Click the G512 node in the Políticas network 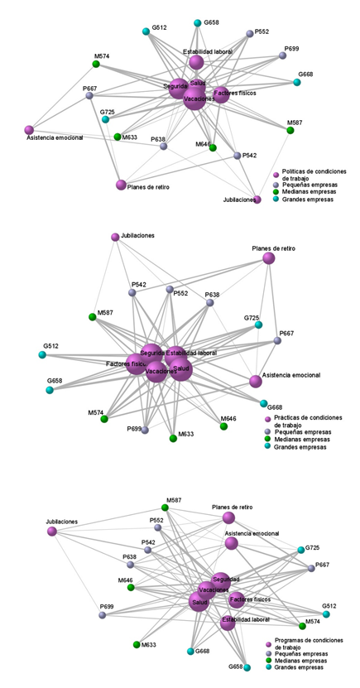(x=146, y=32)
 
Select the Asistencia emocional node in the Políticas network (x=29, y=130)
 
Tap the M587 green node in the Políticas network (x=290, y=130)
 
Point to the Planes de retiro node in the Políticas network (x=121, y=185)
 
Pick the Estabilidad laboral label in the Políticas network (x=208, y=51)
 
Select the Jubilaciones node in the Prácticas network (x=115, y=238)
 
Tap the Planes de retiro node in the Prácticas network (x=268, y=258)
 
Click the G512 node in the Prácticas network (x=41, y=355)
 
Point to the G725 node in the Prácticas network (x=258, y=325)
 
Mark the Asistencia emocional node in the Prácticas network (x=255, y=381)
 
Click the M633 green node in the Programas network (x=137, y=644)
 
